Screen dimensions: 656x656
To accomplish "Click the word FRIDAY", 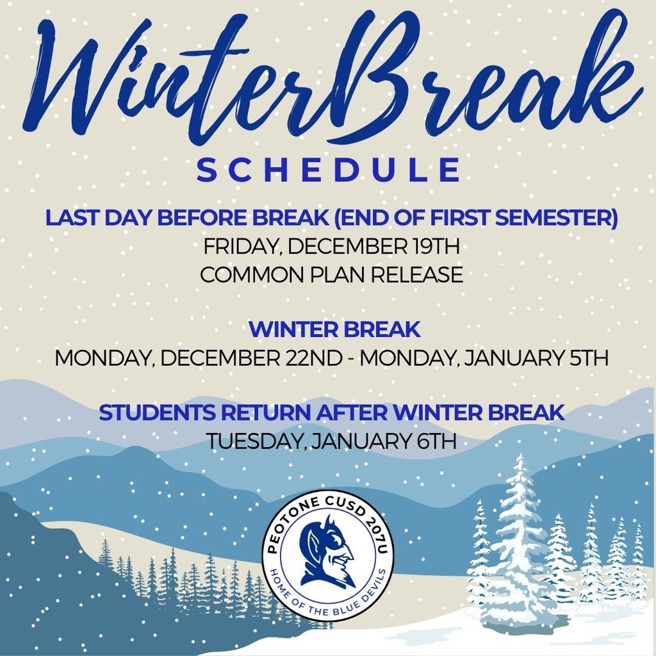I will (x=238, y=246).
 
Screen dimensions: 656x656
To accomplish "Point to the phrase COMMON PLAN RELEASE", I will (x=331, y=275).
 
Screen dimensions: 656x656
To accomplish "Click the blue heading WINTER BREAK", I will (x=334, y=330).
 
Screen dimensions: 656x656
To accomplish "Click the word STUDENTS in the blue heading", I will (x=151, y=413).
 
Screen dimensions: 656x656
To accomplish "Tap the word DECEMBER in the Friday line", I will (x=341, y=246).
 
